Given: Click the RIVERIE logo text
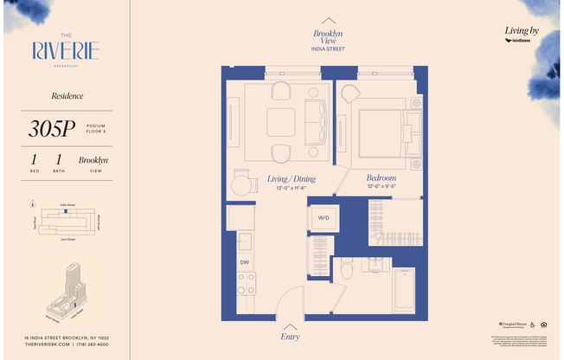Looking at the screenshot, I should pyautogui.click(x=66, y=50).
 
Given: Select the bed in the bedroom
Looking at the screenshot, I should pyautogui.click(x=380, y=131).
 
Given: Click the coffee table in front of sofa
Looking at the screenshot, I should pyautogui.click(x=281, y=122).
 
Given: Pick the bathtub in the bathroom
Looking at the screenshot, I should pyautogui.click(x=403, y=290).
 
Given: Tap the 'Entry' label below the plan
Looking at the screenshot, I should pyautogui.click(x=291, y=336).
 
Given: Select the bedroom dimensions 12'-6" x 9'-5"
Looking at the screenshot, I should pyautogui.click(x=381, y=186).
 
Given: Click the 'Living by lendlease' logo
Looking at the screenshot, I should pyautogui.click(x=522, y=35).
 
